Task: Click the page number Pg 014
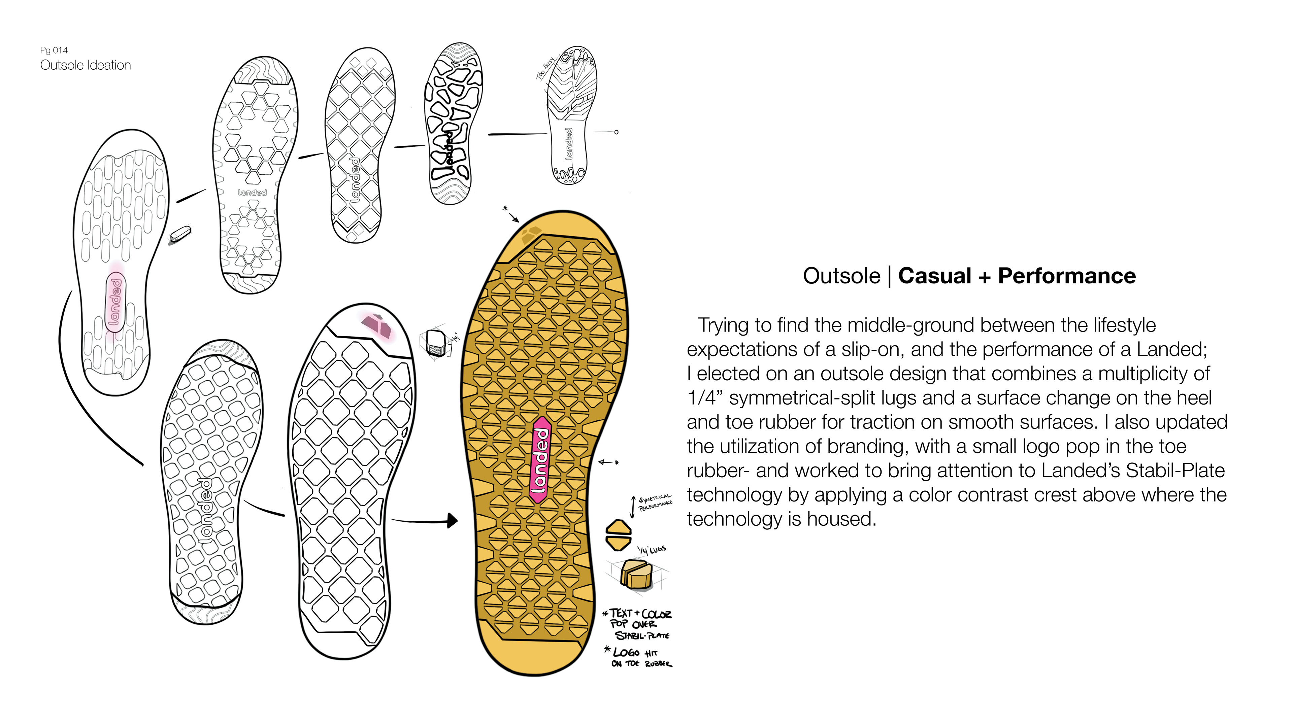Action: pyautogui.click(x=54, y=50)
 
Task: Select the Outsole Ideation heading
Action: pyautogui.click(x=85, y=65)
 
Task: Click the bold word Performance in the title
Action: pyautogui.click(x=1067, y=276)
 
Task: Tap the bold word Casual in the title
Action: pyautogui.click(x=935, y=276)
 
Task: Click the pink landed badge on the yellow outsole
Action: pyautogui.click(x=540, y=459)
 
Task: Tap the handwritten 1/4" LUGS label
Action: pyautogui.click(x=652, y=550)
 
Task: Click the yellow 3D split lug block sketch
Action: pyautogui.click(x=636, y=575)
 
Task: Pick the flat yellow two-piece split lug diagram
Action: pyautogui.click(x=619, y=535)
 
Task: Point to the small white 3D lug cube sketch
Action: pyautogui.click(x=435, y=343)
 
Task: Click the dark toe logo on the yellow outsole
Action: pyautogui.click(x=531, y=234)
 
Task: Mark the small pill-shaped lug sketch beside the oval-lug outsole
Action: pyautogui.click(x=180, y=234)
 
